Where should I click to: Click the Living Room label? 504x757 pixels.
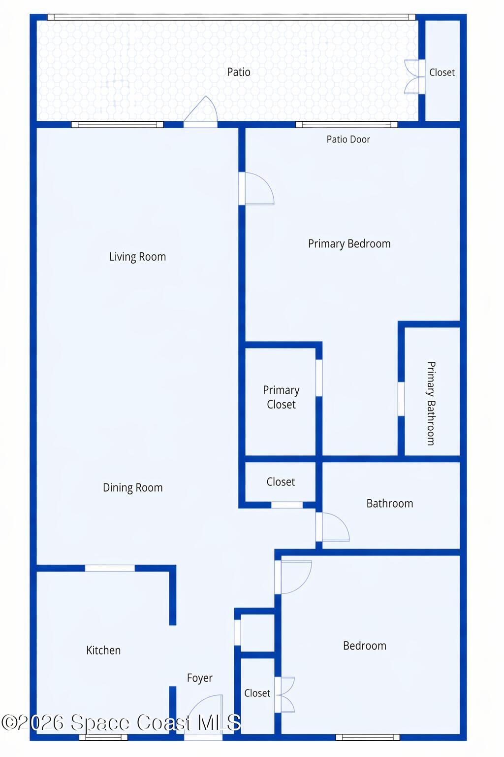[x=137, y=257]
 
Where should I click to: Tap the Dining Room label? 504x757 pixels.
[x=132, y=487]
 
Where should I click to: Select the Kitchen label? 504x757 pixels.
[x=103, y=650]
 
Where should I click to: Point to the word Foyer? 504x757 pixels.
[x=199, y=678]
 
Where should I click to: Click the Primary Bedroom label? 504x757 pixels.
[x=349, y=243]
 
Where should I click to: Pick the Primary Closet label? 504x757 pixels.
[x=281, y=397]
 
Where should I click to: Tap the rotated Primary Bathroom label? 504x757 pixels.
[x=431, y=403]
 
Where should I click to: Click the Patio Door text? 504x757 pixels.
[x=348, y=139]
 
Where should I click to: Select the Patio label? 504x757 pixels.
[x=239, y=72]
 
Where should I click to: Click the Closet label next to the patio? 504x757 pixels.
[x=441, y=72]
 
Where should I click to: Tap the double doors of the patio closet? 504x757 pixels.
[x=413, y=76]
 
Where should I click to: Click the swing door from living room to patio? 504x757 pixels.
[x=202, y=111]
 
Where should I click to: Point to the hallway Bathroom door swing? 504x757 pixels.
[x=334, y=527]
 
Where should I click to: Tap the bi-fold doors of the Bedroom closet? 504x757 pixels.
[x=285, y=694]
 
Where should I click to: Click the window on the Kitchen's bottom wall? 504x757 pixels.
[x=103, y=737]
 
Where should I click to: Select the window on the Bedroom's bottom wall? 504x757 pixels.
[x=368, y=737]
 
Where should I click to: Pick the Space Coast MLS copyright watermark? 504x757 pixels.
[x=121, y=723]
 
